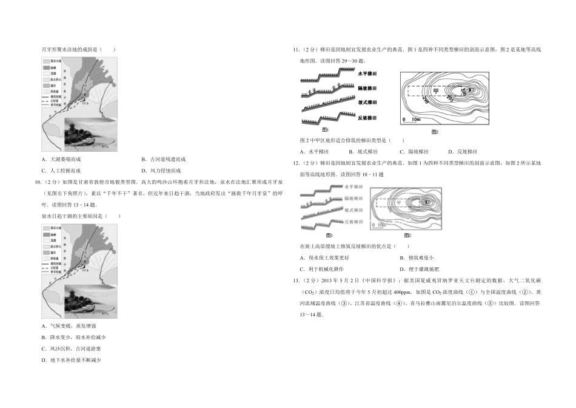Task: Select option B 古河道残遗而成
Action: [x=163, y=159]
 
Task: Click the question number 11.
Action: [x=295, y=49]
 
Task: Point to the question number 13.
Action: [x=295, y=280]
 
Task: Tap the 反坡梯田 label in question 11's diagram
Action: [x=367, y=118]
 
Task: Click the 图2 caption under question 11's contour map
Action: [x=434, y=132]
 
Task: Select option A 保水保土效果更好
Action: [x=324, y=257]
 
